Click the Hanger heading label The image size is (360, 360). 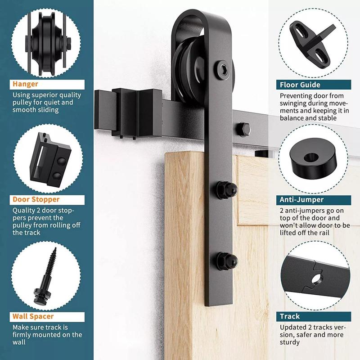click(x=25, y=84)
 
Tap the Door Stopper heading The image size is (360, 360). click(x=36, y=199)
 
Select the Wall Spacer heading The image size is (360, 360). click(x=33, y=316)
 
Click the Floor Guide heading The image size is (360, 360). click(x=300, y=85)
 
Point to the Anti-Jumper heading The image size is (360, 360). click(x=301, y=200)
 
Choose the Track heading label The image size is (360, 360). click(x=290, y=316)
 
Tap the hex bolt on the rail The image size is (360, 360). click(x=243, y=130)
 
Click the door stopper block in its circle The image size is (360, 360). click(x=50, y=160)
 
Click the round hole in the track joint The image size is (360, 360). click(x=317, y=279)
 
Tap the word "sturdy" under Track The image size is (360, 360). click(x=289, y=342)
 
